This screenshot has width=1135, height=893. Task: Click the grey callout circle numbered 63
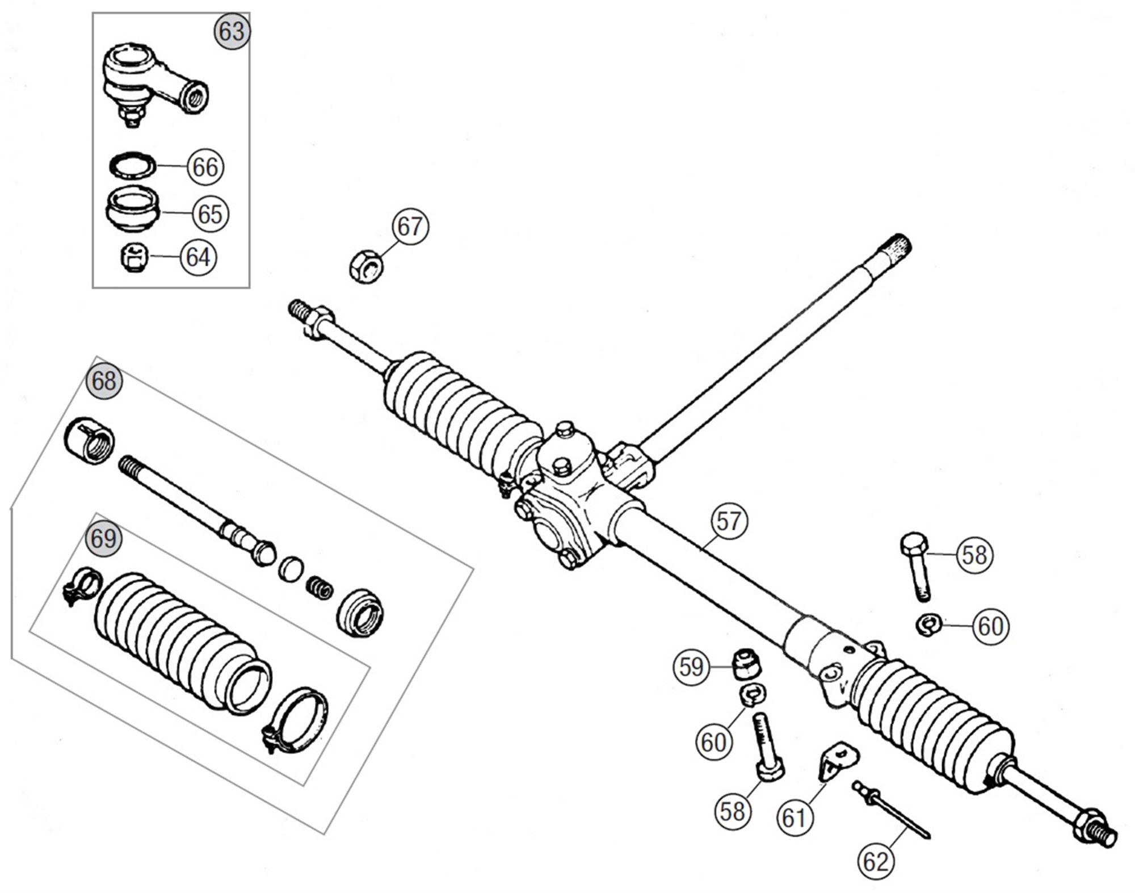[232, 32]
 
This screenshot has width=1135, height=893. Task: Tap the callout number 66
[205, 167]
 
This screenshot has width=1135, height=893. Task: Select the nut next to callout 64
[134, 258]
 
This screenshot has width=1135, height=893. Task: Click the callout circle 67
[410, 227]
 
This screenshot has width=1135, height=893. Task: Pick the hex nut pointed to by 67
[365, 268]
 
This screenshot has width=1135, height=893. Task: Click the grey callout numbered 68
[104, 381]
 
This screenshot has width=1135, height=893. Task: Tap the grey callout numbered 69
[103, 538]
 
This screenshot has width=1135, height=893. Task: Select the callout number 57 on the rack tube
[729, 521]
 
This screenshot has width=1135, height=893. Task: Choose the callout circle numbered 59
[691, 667]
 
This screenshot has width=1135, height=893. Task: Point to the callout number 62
[875, 862]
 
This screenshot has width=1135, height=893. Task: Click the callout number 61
[794, 818]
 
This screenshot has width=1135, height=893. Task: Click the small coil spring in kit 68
[320, 588]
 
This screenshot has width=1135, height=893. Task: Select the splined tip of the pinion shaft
[896, 245]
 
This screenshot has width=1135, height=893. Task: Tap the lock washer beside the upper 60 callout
[929, 624]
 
